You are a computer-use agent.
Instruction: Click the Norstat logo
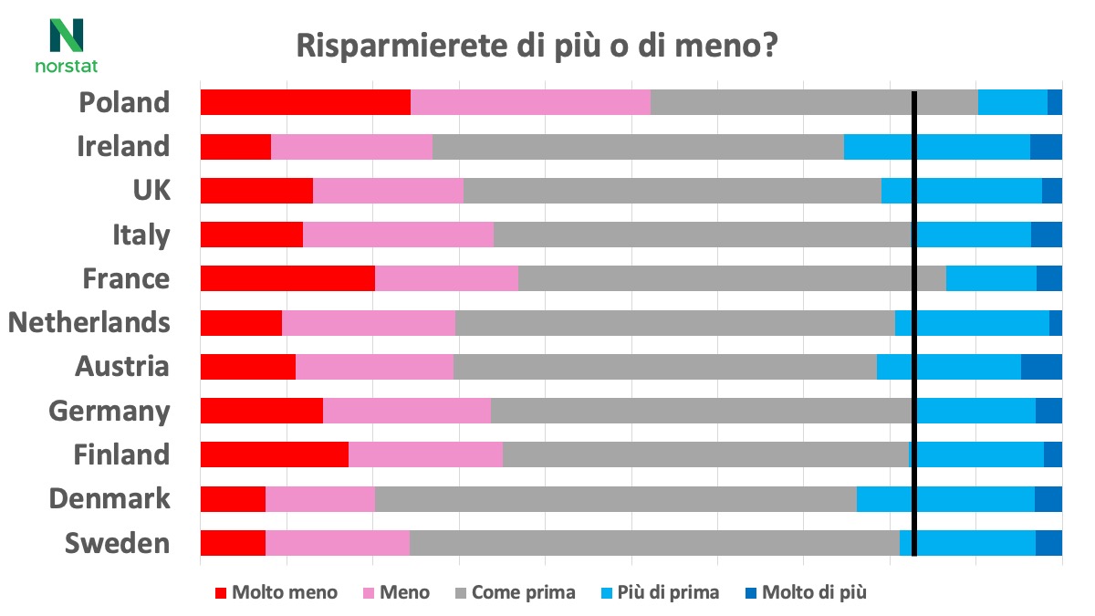(66, 46)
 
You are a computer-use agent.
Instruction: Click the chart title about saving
(537, 46)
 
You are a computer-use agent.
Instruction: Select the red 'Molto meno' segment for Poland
(305, 102)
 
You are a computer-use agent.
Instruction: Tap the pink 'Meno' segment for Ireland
(351, 146)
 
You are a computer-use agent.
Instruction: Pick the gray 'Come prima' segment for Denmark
(615, 498)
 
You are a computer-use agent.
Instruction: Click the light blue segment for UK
(961, 190)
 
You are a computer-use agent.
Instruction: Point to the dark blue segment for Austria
(1041, 366)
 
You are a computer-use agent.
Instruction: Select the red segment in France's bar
(287, 278)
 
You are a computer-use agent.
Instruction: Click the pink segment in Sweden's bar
(337, 542)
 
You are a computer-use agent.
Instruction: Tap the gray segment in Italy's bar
(703, 235)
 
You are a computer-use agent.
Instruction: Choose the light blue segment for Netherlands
(972, 322)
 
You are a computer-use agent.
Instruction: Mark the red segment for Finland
(274, 454)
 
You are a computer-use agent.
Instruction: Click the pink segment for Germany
(407, 411)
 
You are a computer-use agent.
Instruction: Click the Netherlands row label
(89, 322)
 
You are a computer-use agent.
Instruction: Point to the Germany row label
(109, 411)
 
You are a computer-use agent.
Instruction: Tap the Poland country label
(124, 102)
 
